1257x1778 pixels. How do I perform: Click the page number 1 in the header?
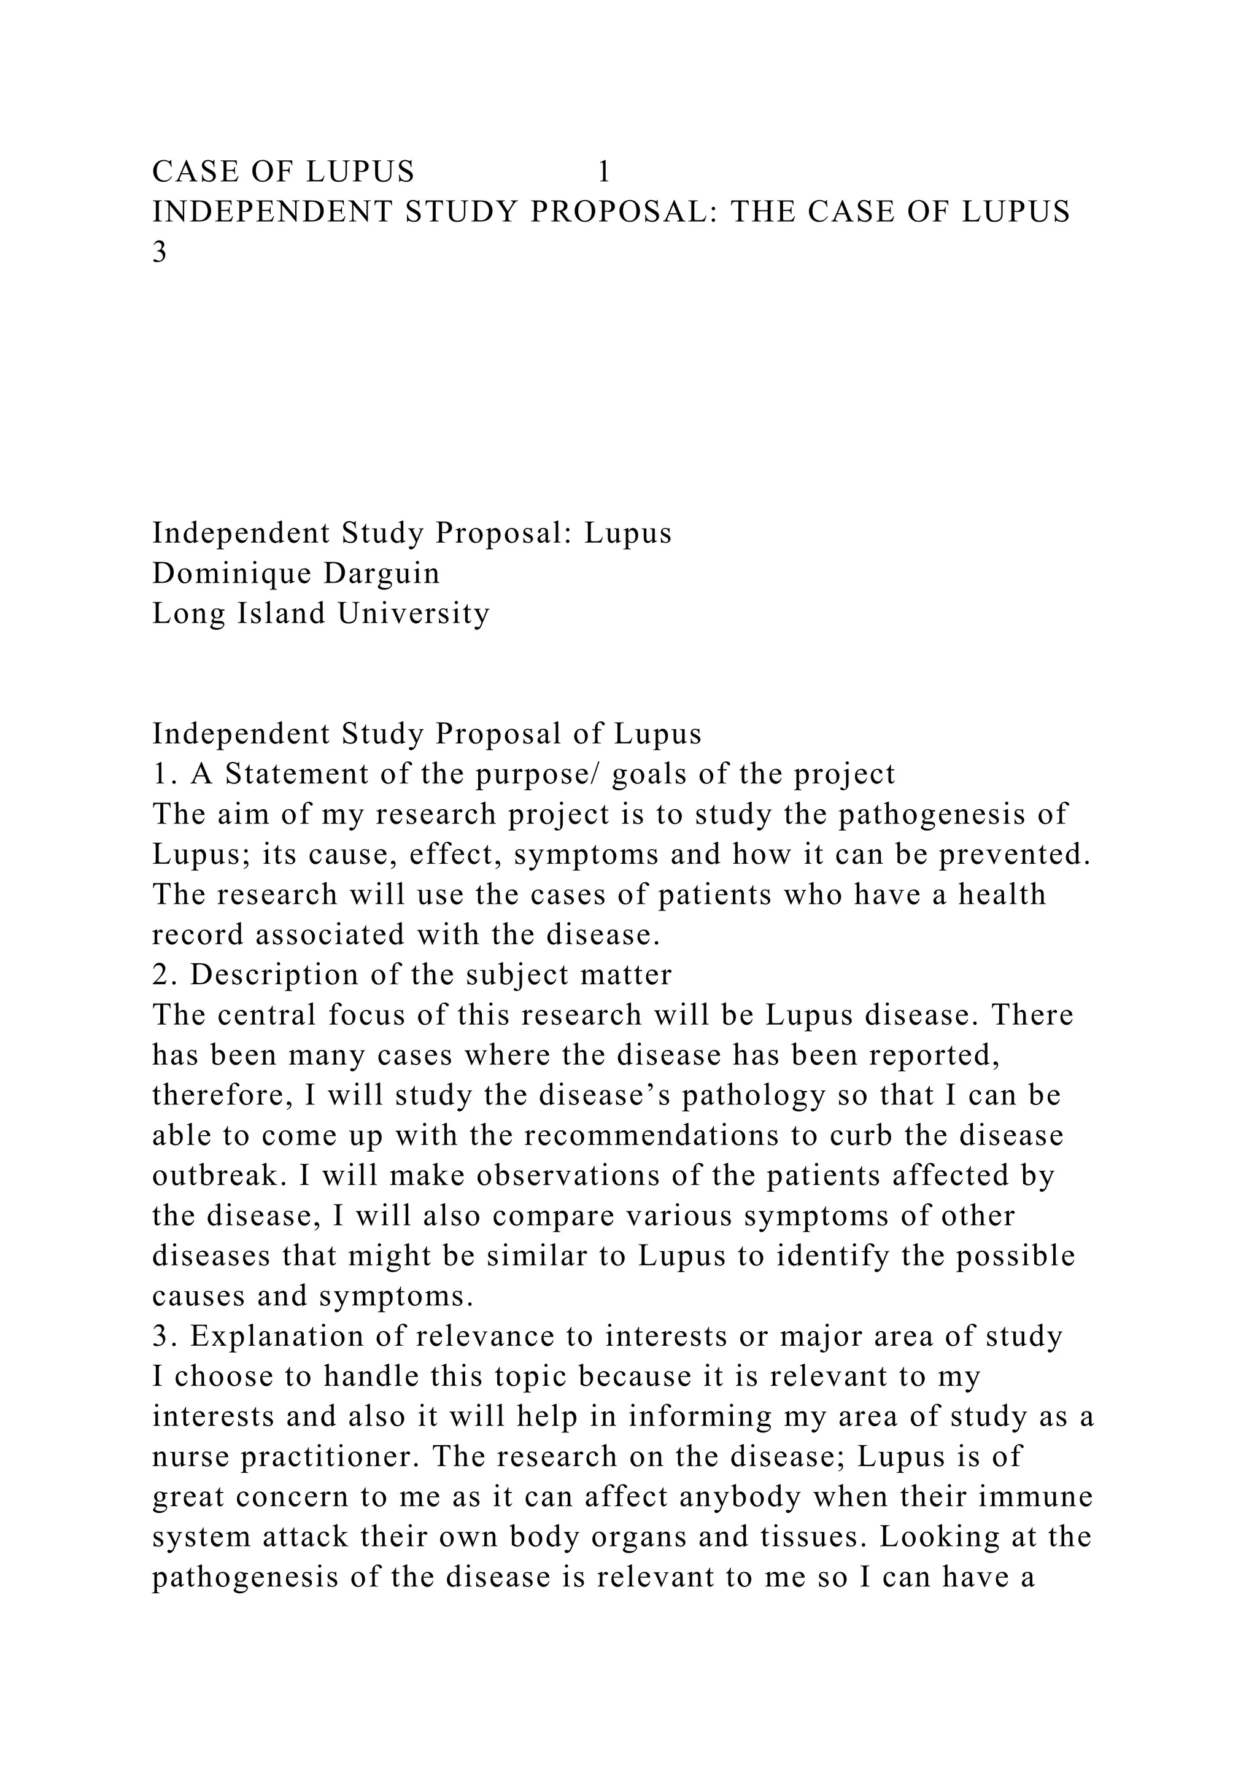[x=604, y=171]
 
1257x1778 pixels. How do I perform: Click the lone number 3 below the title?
[x=160, y=252]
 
